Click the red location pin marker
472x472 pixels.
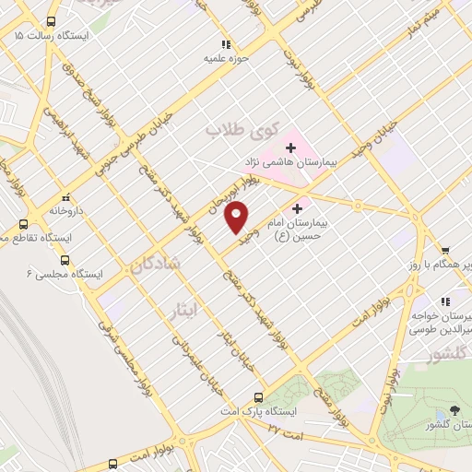coord(237,216)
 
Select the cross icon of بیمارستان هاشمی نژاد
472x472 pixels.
coord(290,147)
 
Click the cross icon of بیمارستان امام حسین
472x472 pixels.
coord(297,209)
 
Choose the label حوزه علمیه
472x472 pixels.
coord(225,57)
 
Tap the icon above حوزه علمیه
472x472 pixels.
coord(225,43)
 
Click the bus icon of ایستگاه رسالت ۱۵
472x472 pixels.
coord(50,20)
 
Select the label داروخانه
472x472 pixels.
coord(66,210)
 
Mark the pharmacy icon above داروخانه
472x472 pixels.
coord(65,197)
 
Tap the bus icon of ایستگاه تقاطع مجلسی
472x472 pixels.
coord(24,224)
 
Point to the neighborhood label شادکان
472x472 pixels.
coord(161,265)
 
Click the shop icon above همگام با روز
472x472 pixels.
coord(444,250)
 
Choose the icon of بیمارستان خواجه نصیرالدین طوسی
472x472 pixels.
coord(444,301)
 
